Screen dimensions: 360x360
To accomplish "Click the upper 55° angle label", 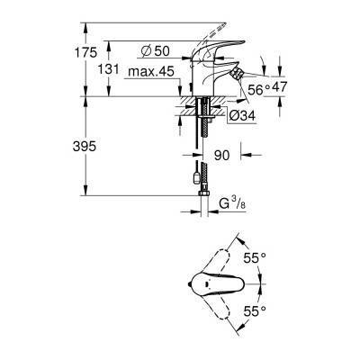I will pos(257,257).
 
